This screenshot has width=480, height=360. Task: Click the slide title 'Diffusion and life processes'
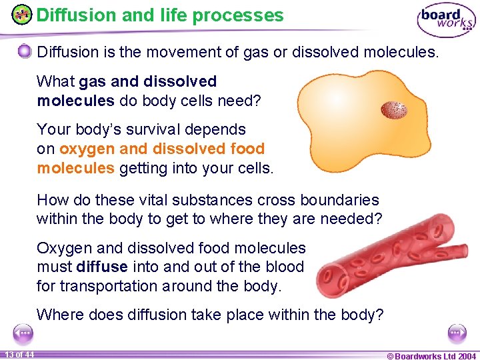pos(160,15)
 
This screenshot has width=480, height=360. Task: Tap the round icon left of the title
pos(22,15)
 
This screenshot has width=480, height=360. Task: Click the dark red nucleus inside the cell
pos(393,109)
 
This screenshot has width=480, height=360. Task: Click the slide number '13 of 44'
pos(19,354)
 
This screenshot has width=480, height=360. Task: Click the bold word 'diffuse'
pos(103,267)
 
